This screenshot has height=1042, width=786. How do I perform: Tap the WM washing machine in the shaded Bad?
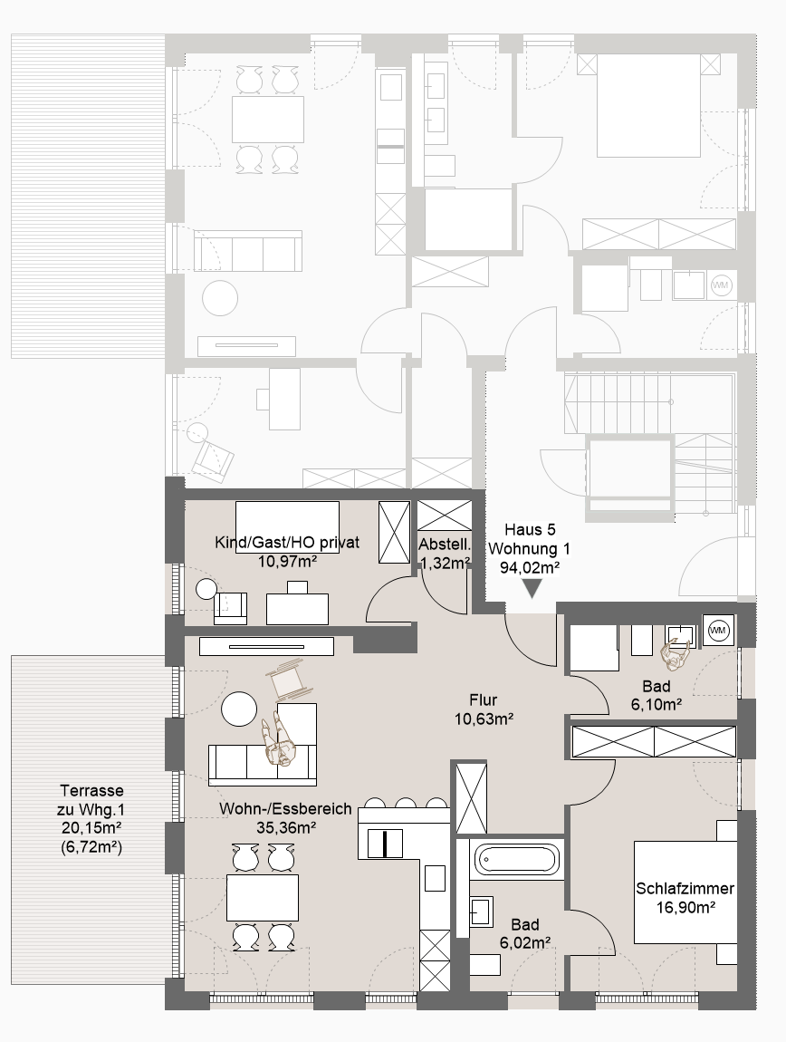click(718, 630)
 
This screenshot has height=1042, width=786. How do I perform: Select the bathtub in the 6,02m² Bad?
click(517, 859)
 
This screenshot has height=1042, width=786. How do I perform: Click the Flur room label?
click(483, 699)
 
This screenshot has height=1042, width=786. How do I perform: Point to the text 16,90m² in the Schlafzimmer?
click(685, 907)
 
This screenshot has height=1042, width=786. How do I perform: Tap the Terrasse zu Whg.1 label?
click(91, 800)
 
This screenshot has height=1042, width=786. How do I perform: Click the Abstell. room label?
click(445, 545)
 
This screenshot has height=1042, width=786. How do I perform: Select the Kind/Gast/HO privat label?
click(287, 542)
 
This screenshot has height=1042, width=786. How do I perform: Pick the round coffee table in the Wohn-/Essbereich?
click(239, 709)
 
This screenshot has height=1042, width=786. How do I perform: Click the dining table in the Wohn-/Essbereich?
click(263, 898)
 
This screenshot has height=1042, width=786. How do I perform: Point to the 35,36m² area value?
click(286, 827)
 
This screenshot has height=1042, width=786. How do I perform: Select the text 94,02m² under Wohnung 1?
click(530, 567)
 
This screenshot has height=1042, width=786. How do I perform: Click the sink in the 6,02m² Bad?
click(482, 912)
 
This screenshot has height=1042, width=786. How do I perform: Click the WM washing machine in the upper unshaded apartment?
click(720, 285)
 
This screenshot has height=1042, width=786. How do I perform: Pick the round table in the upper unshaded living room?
click(220, 298)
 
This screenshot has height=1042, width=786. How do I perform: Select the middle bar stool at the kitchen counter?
click(406, 802)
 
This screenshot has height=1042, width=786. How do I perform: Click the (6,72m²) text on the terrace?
click(91, 847)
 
